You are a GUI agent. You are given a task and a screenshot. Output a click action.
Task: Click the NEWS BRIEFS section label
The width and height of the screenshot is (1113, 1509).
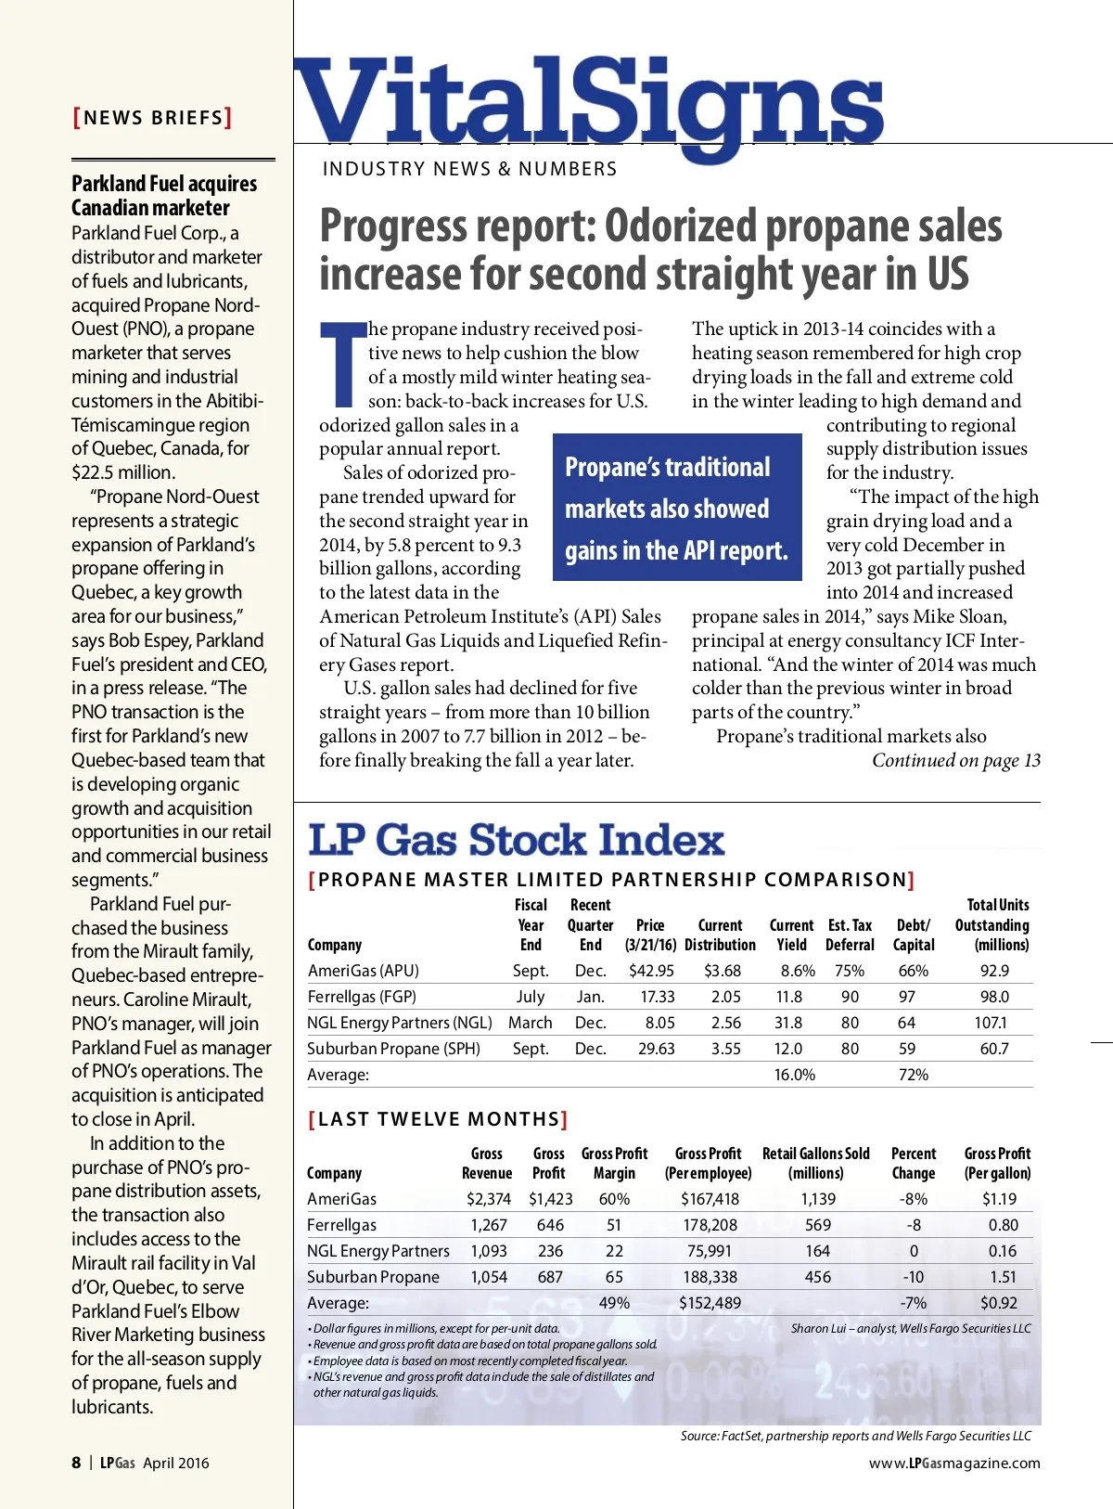click(x=153, y=118)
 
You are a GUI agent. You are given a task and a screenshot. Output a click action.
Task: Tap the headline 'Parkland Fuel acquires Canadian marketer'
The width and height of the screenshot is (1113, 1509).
click(x=164, y=196)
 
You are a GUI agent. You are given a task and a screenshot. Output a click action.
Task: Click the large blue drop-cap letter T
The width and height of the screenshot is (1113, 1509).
click(x=343, y=365)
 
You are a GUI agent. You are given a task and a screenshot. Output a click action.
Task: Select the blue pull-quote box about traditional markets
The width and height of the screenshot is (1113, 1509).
click(x=677, y=508)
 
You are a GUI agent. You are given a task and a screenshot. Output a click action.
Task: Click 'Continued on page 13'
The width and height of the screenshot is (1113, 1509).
click(x=955, y=761)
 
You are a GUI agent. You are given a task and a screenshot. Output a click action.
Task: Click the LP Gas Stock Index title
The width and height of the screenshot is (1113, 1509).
click(x=516, y=840)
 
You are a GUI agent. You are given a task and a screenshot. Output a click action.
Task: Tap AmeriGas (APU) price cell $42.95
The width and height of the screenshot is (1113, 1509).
click(x=651, y=971)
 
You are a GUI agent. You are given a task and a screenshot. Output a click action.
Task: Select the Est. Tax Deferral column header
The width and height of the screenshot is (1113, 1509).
click(x=850, y=935)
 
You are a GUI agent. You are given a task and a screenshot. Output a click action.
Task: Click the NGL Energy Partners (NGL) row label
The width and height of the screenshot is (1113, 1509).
click(x=400, y=1023)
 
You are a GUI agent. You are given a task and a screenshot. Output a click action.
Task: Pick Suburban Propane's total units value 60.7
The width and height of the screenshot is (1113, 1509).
click(x=994, y=1049)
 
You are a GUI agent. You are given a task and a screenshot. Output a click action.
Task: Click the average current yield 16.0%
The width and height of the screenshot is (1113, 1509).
click(x=794, y=1075)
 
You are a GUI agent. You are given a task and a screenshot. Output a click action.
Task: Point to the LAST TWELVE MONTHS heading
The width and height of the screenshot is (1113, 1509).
click(x=438, y=1119)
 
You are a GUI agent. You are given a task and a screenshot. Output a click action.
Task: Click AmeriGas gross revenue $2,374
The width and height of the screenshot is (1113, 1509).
click(x=488, y=1199)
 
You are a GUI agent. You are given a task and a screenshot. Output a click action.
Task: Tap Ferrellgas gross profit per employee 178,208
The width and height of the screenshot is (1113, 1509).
click(x=710, y=1225)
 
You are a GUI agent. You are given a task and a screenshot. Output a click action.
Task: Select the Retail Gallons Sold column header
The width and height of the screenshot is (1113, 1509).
click(x=816, y=1163)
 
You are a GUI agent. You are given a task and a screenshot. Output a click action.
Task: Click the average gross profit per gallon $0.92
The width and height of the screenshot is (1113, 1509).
click(x=999, y=1303)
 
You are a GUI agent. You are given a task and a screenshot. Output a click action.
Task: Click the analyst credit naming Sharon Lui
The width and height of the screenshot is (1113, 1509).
click(x=911, y=1329)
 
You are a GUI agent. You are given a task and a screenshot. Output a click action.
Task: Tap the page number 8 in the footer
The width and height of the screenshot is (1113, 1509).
click(x=76, y=1463)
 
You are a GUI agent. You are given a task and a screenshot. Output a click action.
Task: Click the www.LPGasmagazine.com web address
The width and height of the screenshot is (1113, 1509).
click(x=954, y=1464)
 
